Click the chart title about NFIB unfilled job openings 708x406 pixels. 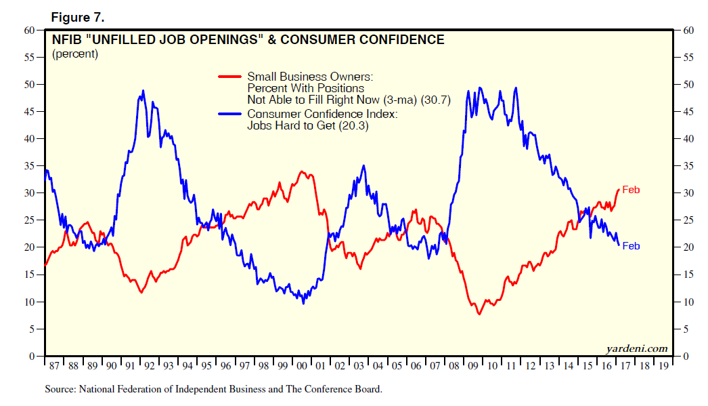point(248,40)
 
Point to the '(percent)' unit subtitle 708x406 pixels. point(75,54)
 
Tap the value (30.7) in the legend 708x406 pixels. point(435,99)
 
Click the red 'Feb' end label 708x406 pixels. point(630,190)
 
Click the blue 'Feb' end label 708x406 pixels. point(630,246)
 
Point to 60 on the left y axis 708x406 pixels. point(29,30)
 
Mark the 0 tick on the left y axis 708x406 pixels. point(32,357)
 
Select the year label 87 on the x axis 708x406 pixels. point(54,367)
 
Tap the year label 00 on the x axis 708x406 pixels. point(303,367)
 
